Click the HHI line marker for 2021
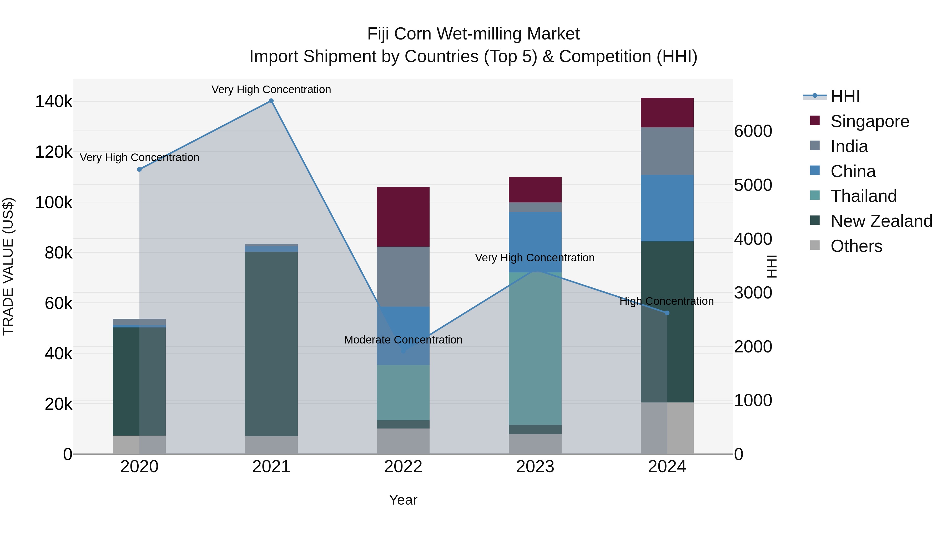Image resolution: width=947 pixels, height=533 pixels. coord(271,101)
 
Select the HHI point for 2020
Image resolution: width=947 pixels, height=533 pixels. coord(139,170)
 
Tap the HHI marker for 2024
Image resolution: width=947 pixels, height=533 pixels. coord(667,313)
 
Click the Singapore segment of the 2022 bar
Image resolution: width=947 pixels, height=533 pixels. coord(403,217)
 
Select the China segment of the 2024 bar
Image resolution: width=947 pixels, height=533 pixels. coord(667,208)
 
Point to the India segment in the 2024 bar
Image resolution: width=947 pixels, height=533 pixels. coord(667,151)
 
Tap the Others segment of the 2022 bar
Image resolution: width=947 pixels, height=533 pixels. coord(403,441)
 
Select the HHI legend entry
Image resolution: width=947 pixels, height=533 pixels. coord(845,96)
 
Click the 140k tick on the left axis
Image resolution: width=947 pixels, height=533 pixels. coord(54,102)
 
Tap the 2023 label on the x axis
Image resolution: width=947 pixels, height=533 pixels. coord(535,467)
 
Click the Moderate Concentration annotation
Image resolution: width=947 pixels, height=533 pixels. coord(403,340)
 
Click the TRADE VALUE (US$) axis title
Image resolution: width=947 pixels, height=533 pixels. coord(8,266)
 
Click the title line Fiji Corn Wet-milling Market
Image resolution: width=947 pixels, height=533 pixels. coord(473,34)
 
